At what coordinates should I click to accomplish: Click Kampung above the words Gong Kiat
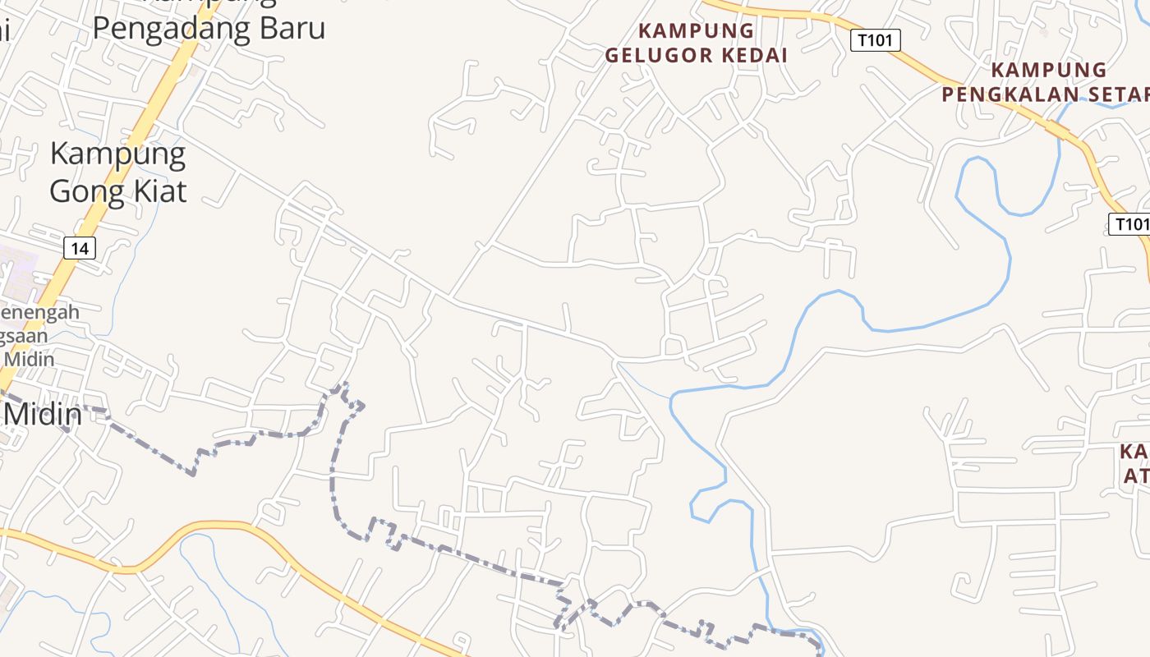(117, 154)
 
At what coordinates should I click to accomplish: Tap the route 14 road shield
(80, 247)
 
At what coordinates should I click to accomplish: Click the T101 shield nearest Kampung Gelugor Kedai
(876, 39)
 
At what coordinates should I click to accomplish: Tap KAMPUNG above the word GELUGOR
(696, 31)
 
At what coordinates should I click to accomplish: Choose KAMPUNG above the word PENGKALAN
(1048, 70)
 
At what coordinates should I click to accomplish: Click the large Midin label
(43, 414)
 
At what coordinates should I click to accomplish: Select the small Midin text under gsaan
(30, 359)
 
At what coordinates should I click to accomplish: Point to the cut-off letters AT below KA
(1135, 476)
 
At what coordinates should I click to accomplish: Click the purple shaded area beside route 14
(16, 271)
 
